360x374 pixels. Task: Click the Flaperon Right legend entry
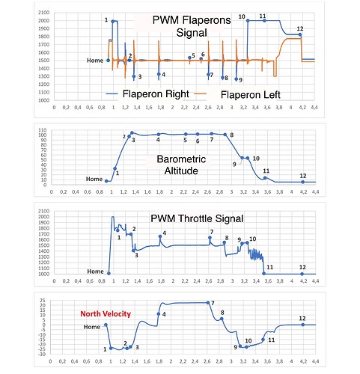point(147,93)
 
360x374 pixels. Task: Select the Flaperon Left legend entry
point(237,94)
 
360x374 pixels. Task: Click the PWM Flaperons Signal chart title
point(192,26)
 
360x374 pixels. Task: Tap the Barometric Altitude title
point(181,165)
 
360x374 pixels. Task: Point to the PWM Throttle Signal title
point(197,218)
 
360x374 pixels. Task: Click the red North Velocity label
point(106,313)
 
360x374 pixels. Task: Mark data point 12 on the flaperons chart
point(300,34)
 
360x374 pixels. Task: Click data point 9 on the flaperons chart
point(237,79)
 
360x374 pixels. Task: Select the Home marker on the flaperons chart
point(109,61)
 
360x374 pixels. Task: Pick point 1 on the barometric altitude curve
point(115,169)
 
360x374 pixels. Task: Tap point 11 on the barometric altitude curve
point(265,178)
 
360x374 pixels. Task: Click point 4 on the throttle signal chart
point(160,236)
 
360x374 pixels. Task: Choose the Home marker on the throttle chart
point(109,274)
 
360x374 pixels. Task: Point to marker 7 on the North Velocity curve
point(208,303)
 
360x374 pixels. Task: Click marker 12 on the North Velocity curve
point(303,325)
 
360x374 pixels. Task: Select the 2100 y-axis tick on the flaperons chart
point(44,13)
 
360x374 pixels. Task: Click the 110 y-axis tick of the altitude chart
point(43,130)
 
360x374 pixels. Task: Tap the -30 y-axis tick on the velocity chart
point(43,354)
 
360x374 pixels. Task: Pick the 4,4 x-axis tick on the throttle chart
point(316,281)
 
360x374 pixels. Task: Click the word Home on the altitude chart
point(94,179)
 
